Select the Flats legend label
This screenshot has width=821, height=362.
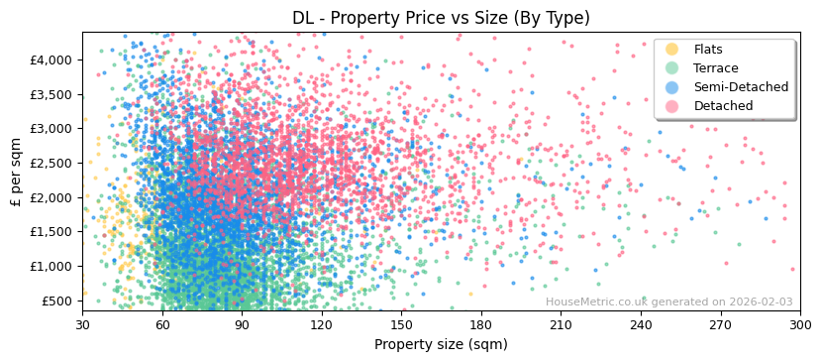pyautogui.click(x=707, y=50)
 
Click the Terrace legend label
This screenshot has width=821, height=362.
pyautogui.click(x=715, y=68)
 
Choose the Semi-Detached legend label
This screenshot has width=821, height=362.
pyautogui.click(x=741, y=87)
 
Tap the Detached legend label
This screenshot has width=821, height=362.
pyautogui.click(x=723, y=106)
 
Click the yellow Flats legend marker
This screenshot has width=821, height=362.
pyautogui.click(x=672, y=50)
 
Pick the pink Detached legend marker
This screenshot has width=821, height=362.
pyautogui.click(x=672, y=106)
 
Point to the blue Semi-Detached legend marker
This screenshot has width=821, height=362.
pyautogui.click(x=672, y=87)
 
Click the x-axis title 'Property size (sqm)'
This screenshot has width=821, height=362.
pyautogui.click(x=441, y=345)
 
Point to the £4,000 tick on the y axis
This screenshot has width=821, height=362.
pyautogui.click(x=51, y=60)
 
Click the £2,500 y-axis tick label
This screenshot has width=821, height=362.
pyautogui.click(x=51, y=164)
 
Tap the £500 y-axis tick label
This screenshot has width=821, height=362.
pyautogui.click(x=56, y=302)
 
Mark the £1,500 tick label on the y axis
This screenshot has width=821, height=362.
pyautogui.click(x=51, y=232)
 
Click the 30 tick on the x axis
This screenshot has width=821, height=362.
pyautogui.click(x=82, y=324)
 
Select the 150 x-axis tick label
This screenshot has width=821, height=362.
pyautogui.click(x=401, y=324)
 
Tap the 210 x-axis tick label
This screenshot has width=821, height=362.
pyautogui.click(x=561, y=324)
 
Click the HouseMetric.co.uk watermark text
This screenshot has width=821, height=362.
pyautogui.click(x=668, y=302)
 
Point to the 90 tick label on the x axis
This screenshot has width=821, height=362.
pyautogui.click(x=242, y=324)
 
